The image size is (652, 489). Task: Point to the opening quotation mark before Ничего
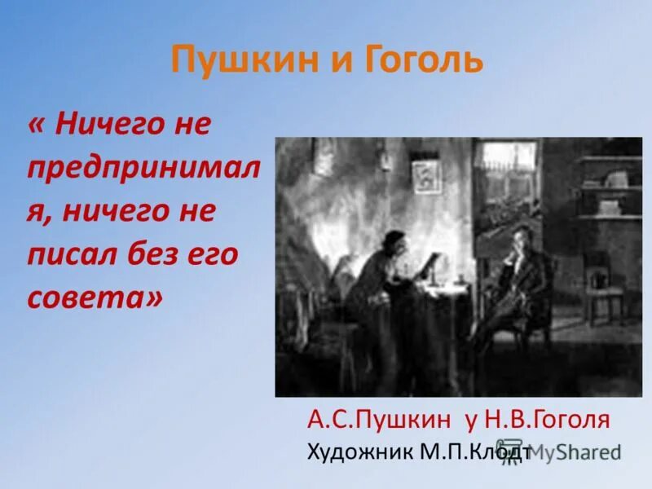click(37, 126)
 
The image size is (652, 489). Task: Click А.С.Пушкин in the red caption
click(379, 420)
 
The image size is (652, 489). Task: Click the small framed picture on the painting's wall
click(425, 176)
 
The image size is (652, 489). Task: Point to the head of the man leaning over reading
click(396, 243)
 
